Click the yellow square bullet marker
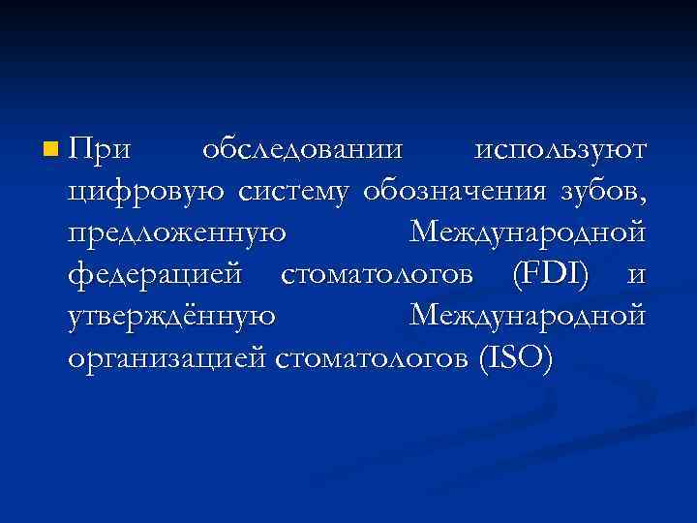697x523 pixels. click(50, 149)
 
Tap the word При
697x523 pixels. click(100, 150)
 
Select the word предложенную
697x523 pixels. click(176, 235)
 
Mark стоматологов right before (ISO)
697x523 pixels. click(373, 359)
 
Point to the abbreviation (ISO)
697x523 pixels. click(516, 359)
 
